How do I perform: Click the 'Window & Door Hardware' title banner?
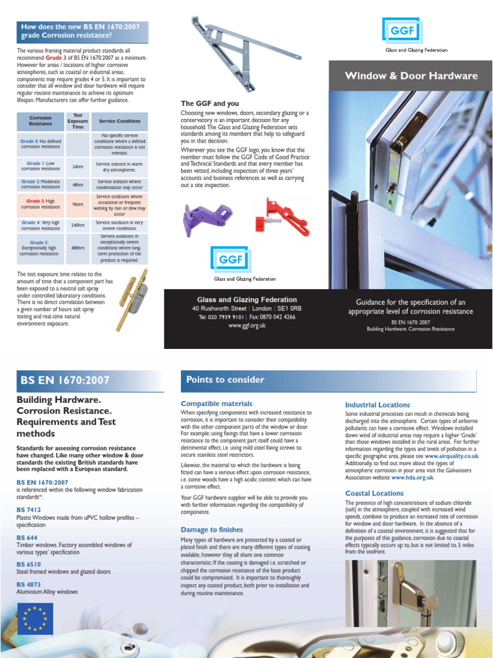pyautogui.click(x=411, y=76)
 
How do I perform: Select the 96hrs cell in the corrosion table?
pyautogui.click(x=78, y=204)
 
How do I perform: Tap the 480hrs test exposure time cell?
pyautogui.click(x=78, y=247)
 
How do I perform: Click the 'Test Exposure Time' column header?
pyautogui.click(x=78, y=121)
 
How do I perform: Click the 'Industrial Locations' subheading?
pyautogui.click(x=377, y=405)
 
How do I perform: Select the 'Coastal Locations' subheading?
pyautogui.click(x=374, y=493)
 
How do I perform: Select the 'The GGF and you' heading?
pyautogui.click(x=209, y=103)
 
